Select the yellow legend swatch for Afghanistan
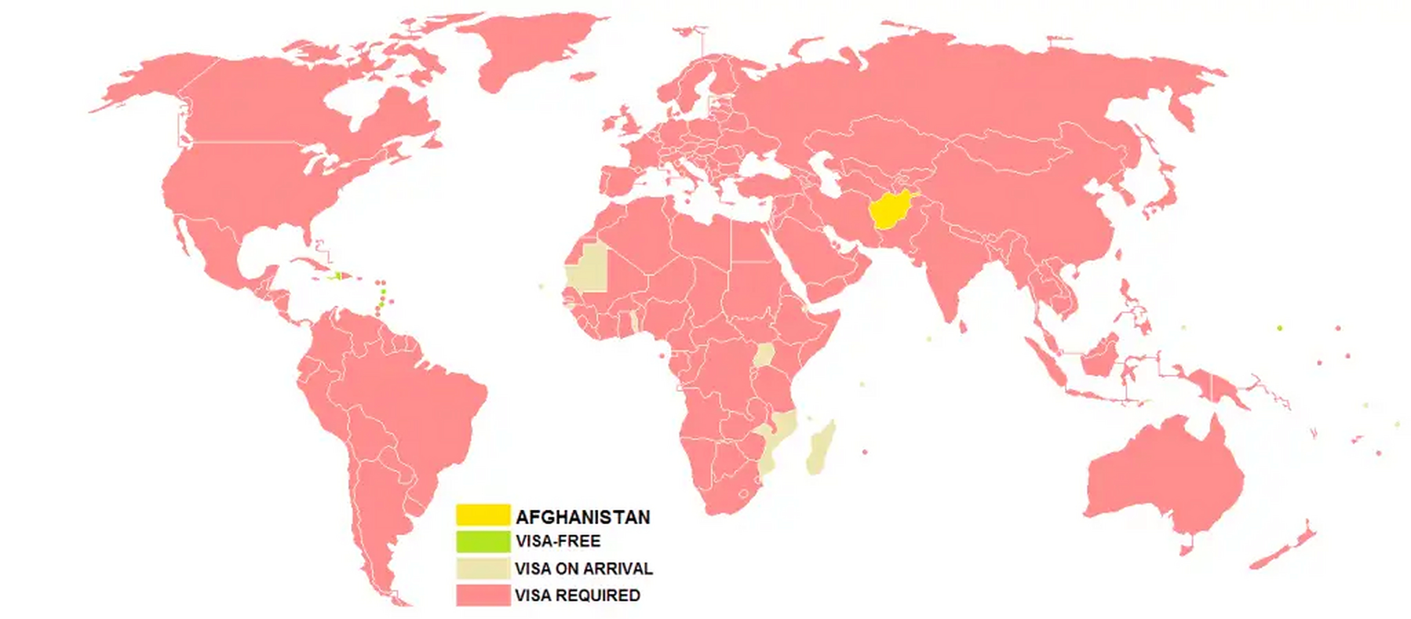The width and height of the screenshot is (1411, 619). coord(483,515)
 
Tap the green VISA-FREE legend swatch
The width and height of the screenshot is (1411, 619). coord(483,541)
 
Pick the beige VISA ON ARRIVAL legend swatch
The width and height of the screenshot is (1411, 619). coord(483,568)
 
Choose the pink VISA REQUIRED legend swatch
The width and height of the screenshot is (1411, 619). coord(483,595)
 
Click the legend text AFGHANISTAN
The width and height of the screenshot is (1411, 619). coord(583,517)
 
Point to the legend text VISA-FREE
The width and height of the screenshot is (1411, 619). coord(558,541)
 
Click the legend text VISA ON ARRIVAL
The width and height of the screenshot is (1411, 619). coord(583,569)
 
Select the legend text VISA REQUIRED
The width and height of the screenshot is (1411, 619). coord(577,595)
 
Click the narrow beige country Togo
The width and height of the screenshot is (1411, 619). coord(634,321)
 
